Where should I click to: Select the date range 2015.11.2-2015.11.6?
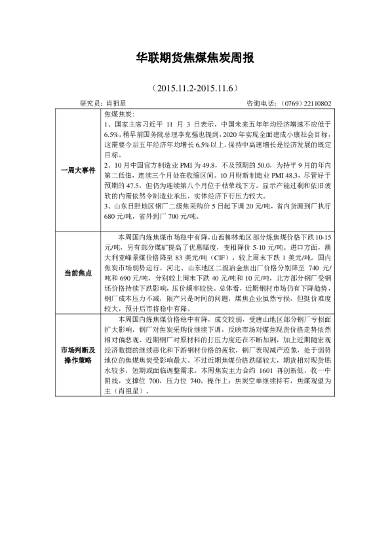pyautogui.click(x=195, y=87)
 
